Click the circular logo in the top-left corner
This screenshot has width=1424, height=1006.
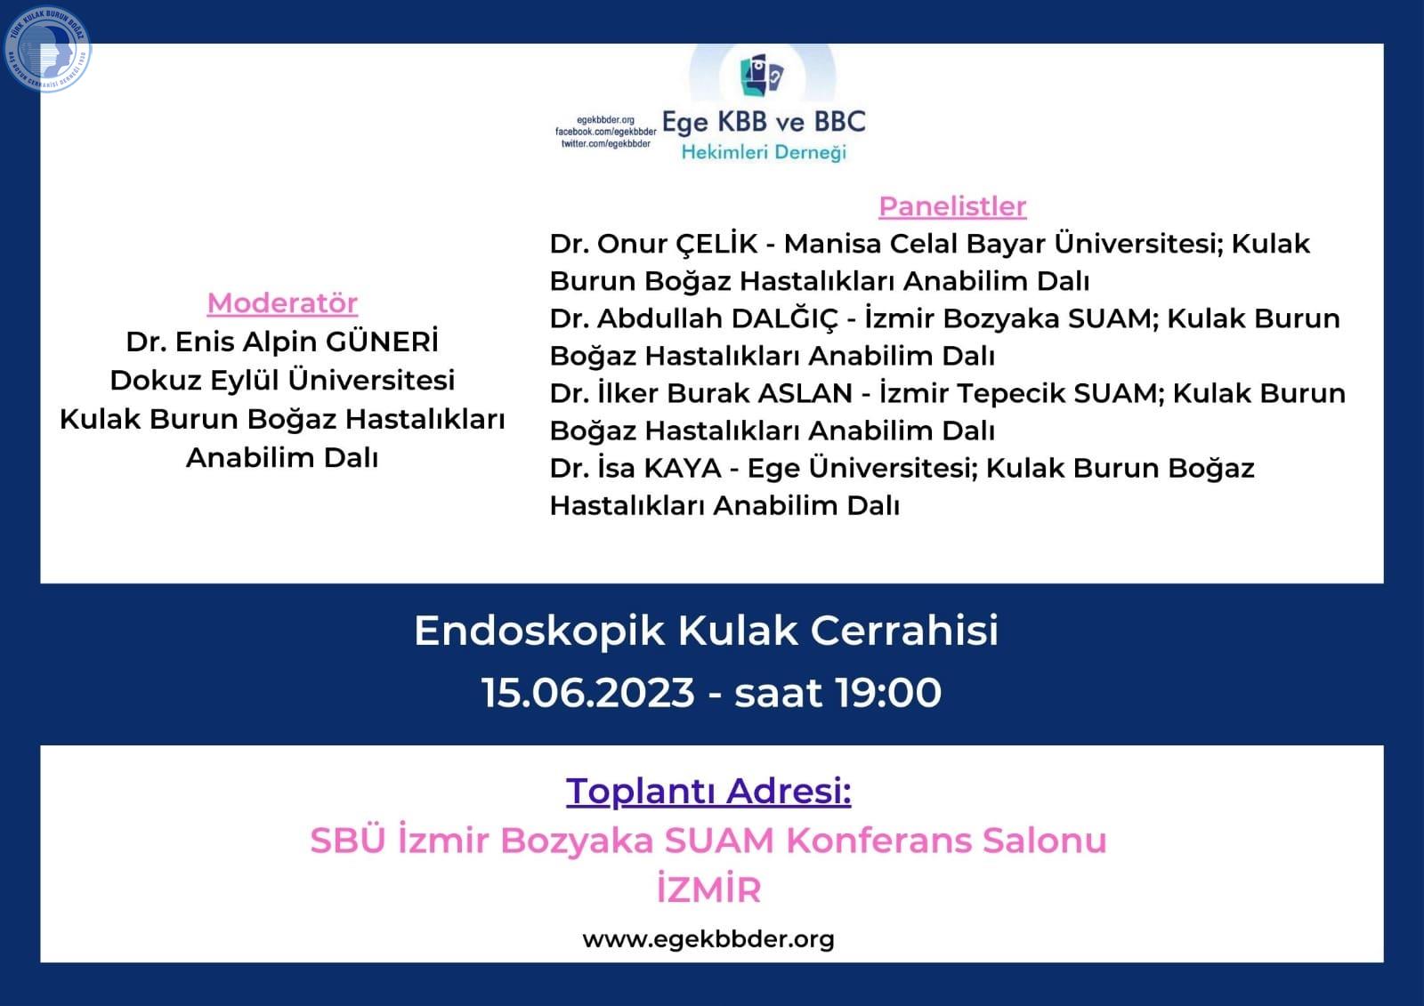(47, 50)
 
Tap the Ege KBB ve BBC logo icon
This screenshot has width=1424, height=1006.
(762, 76)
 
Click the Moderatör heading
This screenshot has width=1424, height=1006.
(282, 303)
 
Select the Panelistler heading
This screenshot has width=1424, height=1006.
(952, 206)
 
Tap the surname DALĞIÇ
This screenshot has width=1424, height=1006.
(784, 318)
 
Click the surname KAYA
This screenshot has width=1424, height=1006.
(682, 469)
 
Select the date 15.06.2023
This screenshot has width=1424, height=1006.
(588, 692)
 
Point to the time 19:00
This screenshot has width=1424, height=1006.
(888, 692)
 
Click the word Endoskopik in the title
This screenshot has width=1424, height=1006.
(539, 631)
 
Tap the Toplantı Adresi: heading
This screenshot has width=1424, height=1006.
(708, 792)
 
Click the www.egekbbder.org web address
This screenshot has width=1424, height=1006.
(708, 939)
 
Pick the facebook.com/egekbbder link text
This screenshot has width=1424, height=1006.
(605, 132)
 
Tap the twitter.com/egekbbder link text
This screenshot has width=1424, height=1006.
(605, 143)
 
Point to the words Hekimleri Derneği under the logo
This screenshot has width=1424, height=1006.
(764, 152)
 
